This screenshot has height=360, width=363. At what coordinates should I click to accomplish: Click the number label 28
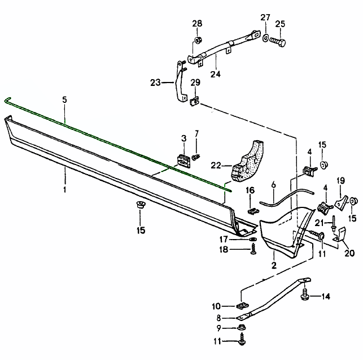196,23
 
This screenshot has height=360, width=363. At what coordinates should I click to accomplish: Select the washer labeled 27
265,38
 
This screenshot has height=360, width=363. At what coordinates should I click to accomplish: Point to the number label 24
215,73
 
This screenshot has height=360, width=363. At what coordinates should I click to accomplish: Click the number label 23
156,83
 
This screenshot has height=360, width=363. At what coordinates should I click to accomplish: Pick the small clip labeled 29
195,101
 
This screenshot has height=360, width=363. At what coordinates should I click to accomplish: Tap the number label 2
274,264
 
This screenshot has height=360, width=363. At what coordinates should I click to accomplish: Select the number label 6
273,185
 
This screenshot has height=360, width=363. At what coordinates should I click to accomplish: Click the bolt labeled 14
305,294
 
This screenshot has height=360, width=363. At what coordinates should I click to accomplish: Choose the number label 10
232,306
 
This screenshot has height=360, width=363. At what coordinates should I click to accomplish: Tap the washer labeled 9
241,328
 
